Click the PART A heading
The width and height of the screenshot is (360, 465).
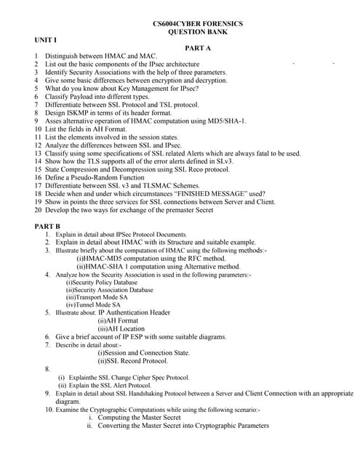(x=198, y=47)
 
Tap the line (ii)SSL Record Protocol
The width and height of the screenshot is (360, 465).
(x=132, y=361)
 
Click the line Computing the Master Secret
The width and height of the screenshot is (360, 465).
(x=138, y=418)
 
